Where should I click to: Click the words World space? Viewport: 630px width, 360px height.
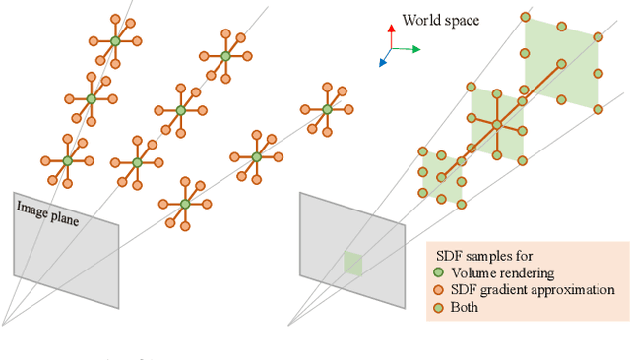pyautogui.click(x=440, y=19)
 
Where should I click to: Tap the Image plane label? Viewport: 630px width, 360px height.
pyautogui.click(x=46, y=213)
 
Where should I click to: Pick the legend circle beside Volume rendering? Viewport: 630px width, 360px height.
pyautogui.click(x=438, y=272)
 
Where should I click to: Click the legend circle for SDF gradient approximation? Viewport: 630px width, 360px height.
pyautogui.click(x=438, y=290)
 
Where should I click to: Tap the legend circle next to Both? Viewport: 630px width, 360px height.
pyautogui.click(x=438, y=308)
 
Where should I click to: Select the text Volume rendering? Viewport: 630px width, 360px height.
pyautogui.click(x=501, y=272)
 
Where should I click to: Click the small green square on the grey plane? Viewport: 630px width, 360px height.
pyautogui.click(x=352, y=264)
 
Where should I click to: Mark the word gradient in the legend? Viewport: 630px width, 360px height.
pyautogui.click(x=507, y=290)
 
